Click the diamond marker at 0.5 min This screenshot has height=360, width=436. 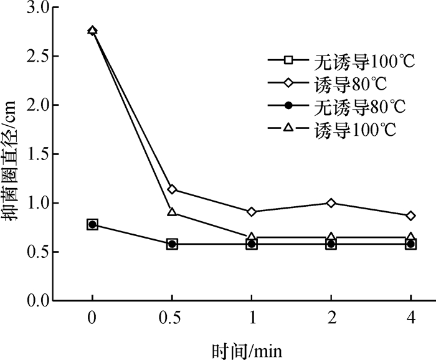(172, 189)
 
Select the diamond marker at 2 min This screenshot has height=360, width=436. (331, 203)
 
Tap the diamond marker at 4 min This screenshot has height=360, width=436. (410, 216)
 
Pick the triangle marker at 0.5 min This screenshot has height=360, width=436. (172, 212)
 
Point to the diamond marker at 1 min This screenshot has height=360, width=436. (252, 212)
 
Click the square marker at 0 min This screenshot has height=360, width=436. (92, 225)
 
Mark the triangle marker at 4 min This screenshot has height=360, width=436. (410, 235)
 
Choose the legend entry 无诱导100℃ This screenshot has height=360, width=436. (341, 60)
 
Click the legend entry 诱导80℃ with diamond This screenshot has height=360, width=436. (328, 83)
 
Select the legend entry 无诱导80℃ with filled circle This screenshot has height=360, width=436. (337, 106)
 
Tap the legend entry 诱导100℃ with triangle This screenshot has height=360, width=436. (332, 129)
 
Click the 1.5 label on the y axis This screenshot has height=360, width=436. (39, 154)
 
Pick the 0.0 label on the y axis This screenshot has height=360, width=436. (39, 300)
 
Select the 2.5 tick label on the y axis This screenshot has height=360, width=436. (39, 56)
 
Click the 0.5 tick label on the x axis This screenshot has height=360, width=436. (170, 318)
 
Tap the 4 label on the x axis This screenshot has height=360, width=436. (410, 318)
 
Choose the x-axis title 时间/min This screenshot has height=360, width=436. (247, 351)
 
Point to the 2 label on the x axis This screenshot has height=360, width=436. (331, 318)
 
